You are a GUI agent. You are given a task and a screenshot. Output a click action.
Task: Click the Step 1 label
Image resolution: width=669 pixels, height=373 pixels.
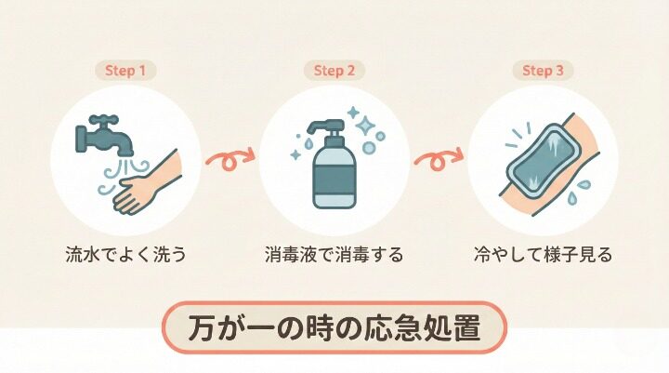tap(125, 70)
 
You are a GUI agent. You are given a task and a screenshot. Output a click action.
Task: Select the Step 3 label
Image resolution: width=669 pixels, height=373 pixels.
tap(543, 70)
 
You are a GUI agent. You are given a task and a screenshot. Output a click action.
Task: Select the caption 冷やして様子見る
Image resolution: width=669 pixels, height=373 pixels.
tap(543, 254)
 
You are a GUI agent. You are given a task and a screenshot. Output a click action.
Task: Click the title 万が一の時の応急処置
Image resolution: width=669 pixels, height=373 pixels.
tap(334, 329)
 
